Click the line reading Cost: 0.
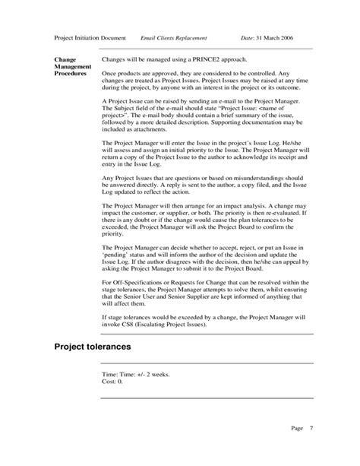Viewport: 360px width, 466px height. [x=113, y=383]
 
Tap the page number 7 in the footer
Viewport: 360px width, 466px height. [x=311, y=429]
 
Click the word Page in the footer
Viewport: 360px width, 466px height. [x=297, y=429]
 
